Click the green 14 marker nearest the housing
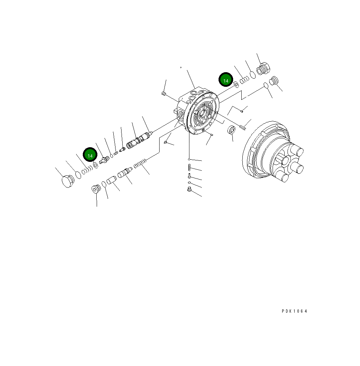pyautogui.click(x=226, y=80)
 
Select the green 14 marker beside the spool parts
pyautogui.click(x=90, y=154)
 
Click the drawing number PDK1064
pyautogui.click(x=295, y=311)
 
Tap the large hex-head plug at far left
pyautogui.click(x=68, y=181)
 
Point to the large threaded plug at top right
pyautogui.click(x=263, y=69)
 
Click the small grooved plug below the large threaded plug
pyautogui.click(x=274, y=81)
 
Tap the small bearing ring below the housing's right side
pyautogui.click(x=231, y=130)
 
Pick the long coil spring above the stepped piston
pyautogui.click(x=140, y=163)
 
